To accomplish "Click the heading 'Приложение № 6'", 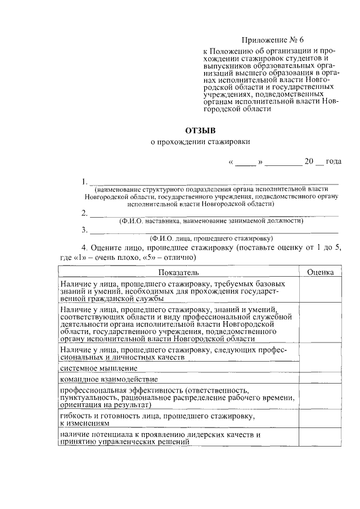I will tap(272, 40).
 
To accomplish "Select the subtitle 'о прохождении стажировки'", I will tap(201, 143).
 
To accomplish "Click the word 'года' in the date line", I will tap(333, 161).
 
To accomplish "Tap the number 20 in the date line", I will tap(308, 161).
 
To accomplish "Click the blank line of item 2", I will tap(214, 214).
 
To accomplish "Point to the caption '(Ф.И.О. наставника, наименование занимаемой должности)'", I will tap(211, 222).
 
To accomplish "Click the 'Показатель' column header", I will tap(178, 272).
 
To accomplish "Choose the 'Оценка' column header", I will tap(320, 272).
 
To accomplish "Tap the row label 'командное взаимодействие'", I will tap(107, 380).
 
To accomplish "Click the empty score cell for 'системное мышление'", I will tap(320, 368).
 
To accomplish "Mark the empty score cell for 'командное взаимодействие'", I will tap(320, 380).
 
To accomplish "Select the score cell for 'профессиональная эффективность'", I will tap(320, 397).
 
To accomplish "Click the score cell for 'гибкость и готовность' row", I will tap(320, 420).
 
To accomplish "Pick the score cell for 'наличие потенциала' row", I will tap(320, 439).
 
